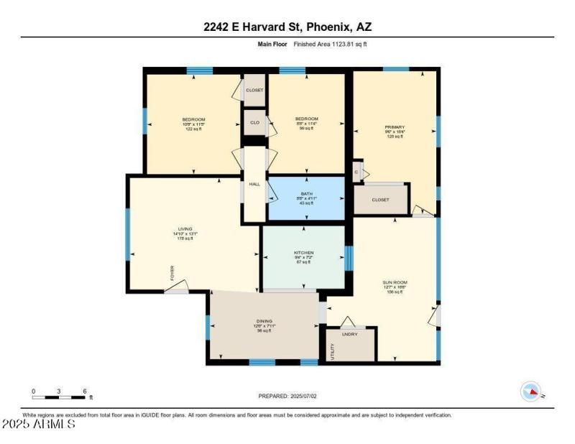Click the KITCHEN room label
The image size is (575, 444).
(303, 253)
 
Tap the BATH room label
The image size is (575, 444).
(306, 194)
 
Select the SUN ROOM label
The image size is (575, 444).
(396, 282)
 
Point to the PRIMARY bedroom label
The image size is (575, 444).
(395, 127)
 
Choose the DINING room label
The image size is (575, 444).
(264, 321)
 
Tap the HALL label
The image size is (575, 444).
(254, 185)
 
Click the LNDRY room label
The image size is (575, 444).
(350, 335)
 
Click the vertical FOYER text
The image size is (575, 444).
(172, 273)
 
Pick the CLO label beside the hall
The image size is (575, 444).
(254, 123)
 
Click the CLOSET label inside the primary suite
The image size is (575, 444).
(381, 200)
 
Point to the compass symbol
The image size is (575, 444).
(530, 392)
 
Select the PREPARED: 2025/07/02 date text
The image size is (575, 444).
(287, 396)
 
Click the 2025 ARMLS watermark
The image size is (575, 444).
(40, 425)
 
